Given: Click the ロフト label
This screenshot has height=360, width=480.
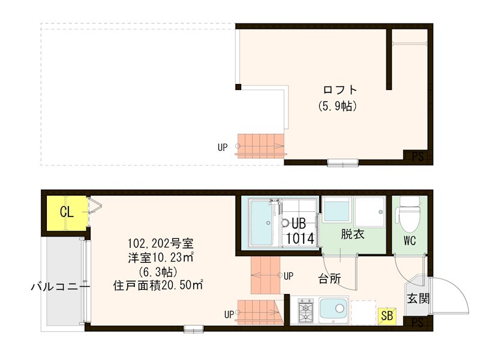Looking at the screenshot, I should coord(340,91).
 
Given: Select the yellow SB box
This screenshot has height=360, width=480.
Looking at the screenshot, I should coord(388,314).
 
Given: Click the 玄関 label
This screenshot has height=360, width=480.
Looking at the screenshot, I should coord(418,298).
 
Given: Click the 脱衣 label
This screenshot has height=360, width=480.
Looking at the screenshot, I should coord(353,235).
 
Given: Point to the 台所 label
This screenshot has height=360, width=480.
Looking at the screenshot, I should coord(329,278).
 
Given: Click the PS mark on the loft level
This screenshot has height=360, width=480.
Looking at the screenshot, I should coord(418,157).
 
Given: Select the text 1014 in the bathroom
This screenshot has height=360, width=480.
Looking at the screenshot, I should coord(300,238).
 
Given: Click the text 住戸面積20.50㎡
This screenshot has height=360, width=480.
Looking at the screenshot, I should coord(158,285).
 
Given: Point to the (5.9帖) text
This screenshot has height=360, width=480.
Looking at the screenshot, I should coord(338,106).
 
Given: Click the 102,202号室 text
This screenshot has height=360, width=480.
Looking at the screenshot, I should coord(160,244).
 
